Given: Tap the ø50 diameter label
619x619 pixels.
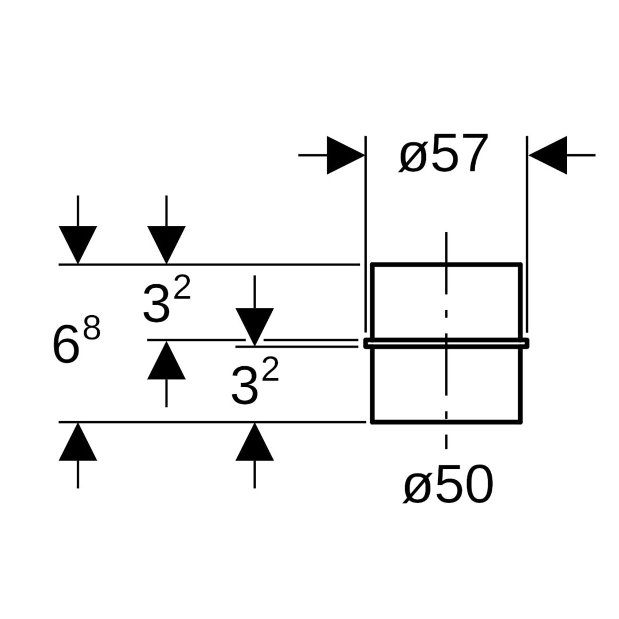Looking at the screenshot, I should tap(448, 485).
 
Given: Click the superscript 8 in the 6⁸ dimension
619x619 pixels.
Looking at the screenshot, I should tap(92, 330).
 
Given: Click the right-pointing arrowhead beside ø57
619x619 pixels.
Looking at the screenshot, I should tap(345, 155).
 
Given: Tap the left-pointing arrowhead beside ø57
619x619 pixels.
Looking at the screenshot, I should tap(548, 155).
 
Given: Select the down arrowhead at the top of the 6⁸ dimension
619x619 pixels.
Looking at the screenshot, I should tap(78, 244).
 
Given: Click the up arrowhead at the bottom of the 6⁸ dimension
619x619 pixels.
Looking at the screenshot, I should tap(78, 441).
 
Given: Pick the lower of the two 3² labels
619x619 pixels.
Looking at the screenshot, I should tap(254, 383).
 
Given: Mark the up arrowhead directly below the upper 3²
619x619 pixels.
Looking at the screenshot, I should tap(166, 360).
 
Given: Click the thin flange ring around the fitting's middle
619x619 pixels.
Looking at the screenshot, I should tap(446, 343).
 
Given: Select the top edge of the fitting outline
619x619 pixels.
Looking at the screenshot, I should tap(446, 264).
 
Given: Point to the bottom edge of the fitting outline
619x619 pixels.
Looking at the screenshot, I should tap(446, 422).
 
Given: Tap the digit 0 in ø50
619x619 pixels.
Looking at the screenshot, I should tap(477, 485).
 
